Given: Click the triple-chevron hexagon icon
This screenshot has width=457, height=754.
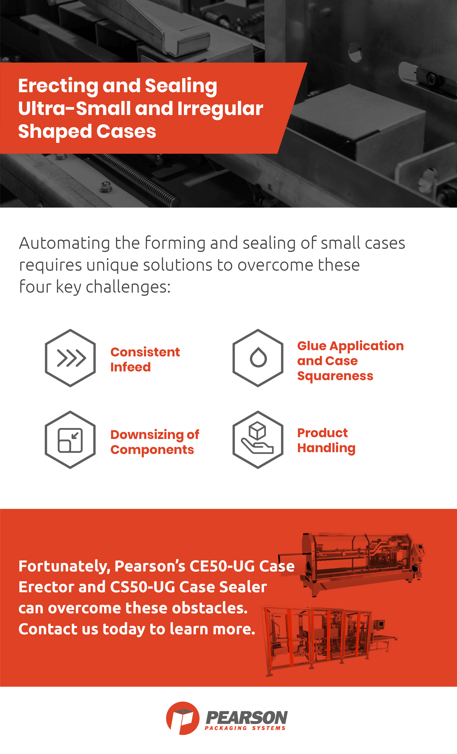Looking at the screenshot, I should [70, 358].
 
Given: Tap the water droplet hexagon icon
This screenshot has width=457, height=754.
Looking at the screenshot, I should [258, 358].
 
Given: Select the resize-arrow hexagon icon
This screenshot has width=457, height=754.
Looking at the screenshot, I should [70, 440].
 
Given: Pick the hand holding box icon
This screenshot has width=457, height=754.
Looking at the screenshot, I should [258, 440].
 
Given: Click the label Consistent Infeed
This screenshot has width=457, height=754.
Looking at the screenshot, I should [145, 360].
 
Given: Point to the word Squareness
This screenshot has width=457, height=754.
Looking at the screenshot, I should [335, 376].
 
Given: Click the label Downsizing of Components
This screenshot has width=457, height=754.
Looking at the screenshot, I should [155, 442].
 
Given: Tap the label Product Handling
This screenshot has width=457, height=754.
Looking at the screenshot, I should [326, 440].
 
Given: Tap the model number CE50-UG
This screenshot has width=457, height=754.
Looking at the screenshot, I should [222, 566].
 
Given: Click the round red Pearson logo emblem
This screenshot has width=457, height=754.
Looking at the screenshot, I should [183, 718].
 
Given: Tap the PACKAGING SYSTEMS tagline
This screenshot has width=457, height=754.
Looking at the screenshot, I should [245, 728].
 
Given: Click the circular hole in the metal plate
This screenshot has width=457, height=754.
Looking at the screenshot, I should [355, 52].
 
